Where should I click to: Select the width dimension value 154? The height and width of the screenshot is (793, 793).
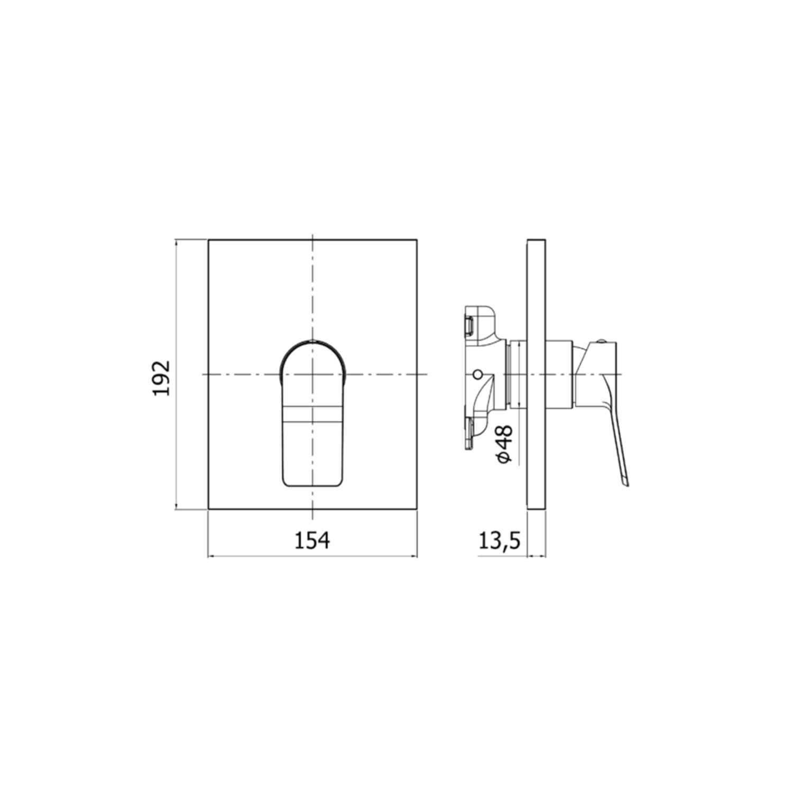coord(312,540)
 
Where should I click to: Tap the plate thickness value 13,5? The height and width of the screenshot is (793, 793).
coord(500,540)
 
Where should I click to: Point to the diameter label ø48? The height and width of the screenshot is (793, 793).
coord(504,444)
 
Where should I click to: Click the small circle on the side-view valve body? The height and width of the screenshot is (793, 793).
coord(478,375)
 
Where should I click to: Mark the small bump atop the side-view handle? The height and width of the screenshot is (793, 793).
coord(602,340)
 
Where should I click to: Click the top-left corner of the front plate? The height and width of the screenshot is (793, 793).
coord(209,240)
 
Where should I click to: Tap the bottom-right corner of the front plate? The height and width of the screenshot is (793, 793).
coord(417,510)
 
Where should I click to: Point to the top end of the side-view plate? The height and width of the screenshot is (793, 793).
coord(537,241)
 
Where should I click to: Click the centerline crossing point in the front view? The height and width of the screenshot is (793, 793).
coord(313,374)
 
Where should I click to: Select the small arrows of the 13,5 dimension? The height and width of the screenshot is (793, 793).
coord(537,556)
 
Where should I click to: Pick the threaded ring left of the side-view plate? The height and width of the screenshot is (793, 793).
coord(509,375)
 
